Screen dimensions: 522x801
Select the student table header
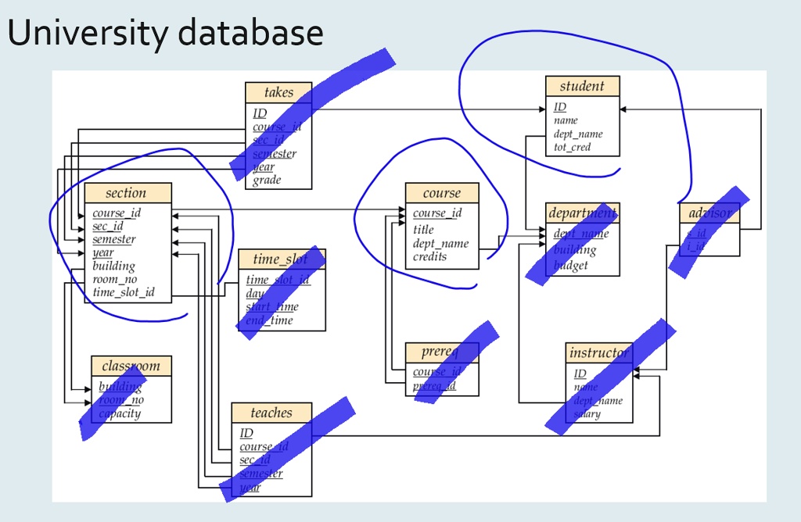(x=582, y=86)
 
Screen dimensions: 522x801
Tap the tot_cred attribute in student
(x=572, y=147)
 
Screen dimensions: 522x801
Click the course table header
(x=441, y=193)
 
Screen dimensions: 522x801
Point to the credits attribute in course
(x=429, y=256)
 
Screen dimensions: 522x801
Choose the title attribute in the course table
(x=422, y=230)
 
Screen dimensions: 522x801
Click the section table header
(x=126, y=193)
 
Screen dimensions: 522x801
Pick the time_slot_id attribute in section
(x=123, y=292)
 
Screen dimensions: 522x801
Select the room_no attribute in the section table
(x=114, y=279)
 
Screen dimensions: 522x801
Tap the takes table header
(x=278, y=92)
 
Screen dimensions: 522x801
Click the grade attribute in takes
(x=266, y=181)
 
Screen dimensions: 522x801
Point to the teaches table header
(x=271, y=413)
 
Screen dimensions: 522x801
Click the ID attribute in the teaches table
(x=246, y=433)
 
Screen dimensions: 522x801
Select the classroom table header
(x=131, y=366)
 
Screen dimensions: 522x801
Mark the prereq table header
(x=441, y=352)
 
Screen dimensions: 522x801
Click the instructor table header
(x=598, y=352)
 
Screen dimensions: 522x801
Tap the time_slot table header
(x=281, y=259)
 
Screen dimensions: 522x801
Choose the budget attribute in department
(x=570, y=266)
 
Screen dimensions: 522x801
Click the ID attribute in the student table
(x=559, y=107)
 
